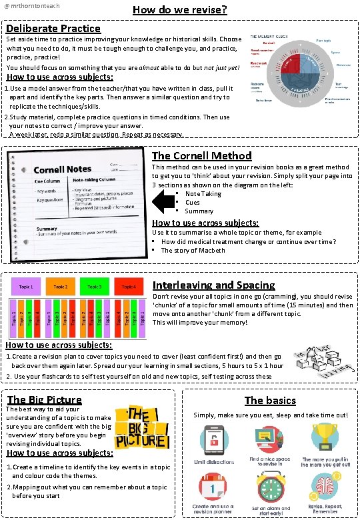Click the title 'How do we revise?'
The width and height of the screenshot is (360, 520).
[180, 10]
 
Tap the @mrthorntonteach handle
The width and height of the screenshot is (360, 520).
[32, 6]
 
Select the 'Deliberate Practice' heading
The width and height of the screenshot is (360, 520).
[53, 29]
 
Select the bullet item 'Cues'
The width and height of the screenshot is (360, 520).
[192, 203]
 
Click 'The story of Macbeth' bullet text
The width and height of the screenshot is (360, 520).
[193, 251]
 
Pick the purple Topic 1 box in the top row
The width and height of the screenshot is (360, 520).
[27, 287]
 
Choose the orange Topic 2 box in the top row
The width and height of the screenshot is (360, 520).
[61, 287]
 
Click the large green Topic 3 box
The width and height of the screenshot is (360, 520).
[95, 287]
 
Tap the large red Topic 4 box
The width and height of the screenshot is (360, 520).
[129, 287]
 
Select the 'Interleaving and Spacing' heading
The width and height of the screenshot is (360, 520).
[213, 285]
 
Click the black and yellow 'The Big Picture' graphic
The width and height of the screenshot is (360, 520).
[141, 427]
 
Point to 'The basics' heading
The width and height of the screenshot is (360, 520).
[270, 400]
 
